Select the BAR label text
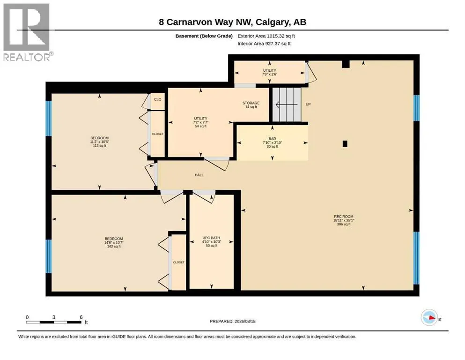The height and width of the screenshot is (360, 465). click(x=272, y=139)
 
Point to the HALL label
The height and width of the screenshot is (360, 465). click(x=199, y=175)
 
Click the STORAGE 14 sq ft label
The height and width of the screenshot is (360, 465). click(x=251, y=105)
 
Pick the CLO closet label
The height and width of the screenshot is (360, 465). click(x=158, y=99)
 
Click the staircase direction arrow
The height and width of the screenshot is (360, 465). click(x=287, y=105)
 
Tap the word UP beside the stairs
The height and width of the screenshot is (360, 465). click(x=308, y=105)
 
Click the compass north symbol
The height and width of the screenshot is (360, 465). click(x=429, y=317)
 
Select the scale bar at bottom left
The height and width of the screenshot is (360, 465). click(x=54, y=322)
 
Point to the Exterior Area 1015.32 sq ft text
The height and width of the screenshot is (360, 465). click(x=266, y=36)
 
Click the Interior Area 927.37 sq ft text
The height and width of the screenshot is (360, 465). click(x=264, y=44)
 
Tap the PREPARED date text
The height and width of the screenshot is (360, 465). click(x=232, y=321)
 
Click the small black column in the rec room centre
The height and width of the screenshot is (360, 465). click(x=345, y=143)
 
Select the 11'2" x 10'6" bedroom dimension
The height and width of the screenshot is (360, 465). click(x=100, y=142)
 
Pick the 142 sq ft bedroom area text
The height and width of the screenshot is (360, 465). click(x=114, y=247)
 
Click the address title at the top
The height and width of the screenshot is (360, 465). click(x=232, y=22)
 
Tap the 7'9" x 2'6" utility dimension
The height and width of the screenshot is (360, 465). click(x=270, y=74)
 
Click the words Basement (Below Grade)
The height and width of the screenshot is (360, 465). click(x=204, y=36)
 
